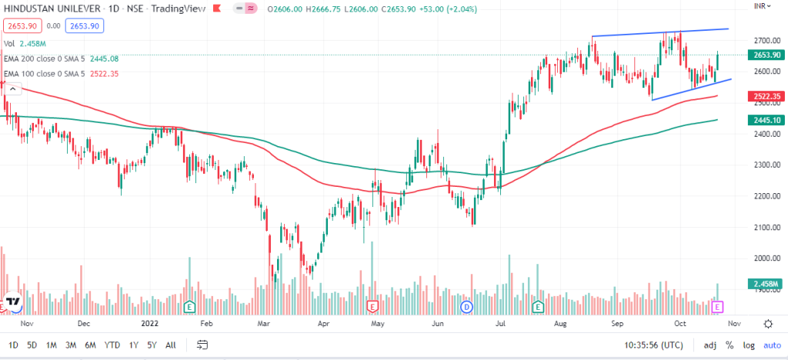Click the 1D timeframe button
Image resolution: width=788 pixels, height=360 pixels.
[13, 345]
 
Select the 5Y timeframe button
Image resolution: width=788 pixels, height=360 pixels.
[151, 345]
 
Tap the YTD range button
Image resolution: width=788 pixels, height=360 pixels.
[112, 345]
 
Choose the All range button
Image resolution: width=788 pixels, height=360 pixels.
[170, 345]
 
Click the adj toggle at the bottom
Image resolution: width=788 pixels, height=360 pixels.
[709, 345]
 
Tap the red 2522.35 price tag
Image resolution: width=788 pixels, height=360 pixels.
[763, 96]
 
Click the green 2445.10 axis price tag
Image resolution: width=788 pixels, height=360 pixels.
[763, 120]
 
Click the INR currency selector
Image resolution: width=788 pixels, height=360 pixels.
[763, 5]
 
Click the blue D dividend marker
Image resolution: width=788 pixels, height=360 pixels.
[466, 307]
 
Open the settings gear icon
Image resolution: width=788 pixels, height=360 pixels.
[768, 324]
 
